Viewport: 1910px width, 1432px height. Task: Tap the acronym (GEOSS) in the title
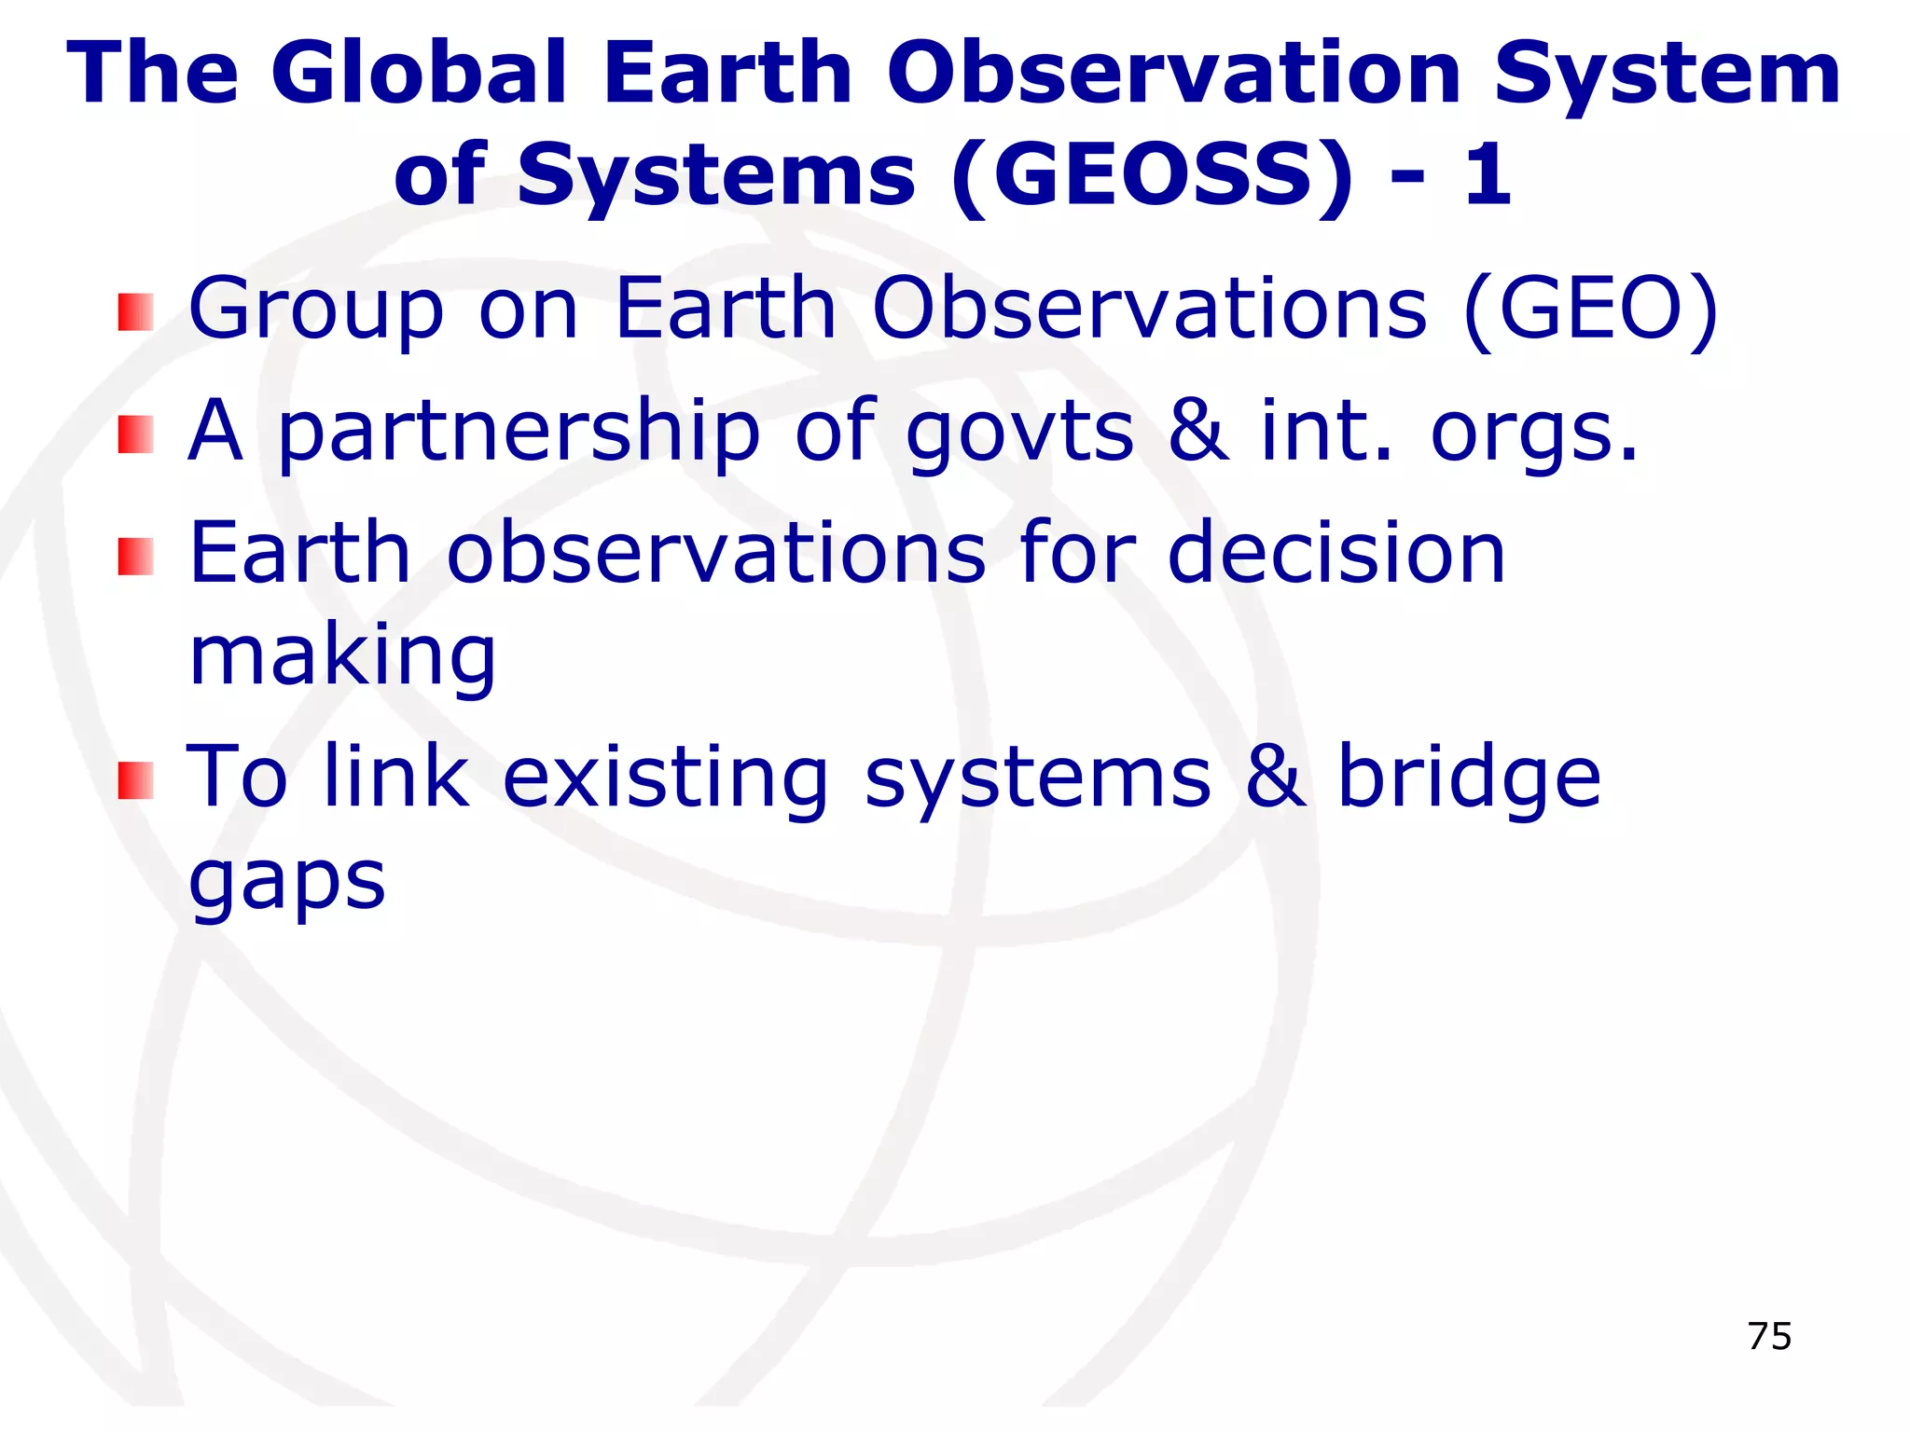(1153, 174)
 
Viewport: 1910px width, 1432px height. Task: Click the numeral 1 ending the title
(1487, 174)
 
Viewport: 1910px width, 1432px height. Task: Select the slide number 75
(1769, 1336)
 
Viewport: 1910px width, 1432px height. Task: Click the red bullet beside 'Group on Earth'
(135, 312)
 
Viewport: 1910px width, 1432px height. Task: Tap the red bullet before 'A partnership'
(135, 434)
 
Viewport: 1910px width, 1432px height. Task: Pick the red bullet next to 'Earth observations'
(135, 557)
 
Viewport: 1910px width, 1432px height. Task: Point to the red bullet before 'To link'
(135, 780)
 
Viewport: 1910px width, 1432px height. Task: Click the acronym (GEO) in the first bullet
(1591, 310)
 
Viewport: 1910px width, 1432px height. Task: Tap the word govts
(1019, 432)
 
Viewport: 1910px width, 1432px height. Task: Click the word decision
(1336, 553)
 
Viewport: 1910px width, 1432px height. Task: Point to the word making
(342, 657)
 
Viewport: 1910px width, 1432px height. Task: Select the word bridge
(1469, 778)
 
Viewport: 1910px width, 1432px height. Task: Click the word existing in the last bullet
(665, 778)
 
